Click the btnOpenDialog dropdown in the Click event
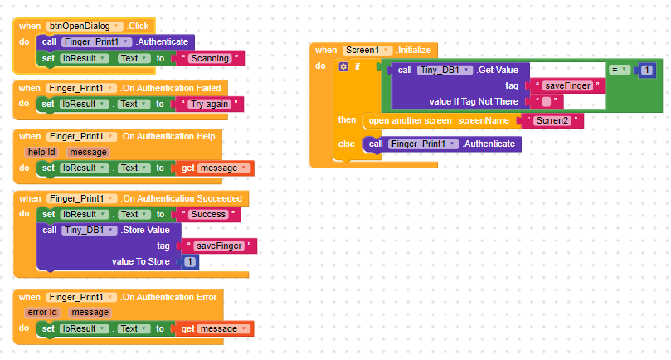85,26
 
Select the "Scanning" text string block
210,58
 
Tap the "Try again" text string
209,104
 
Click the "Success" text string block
208,215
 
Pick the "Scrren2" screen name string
552,121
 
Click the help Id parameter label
41,152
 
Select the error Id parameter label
42,313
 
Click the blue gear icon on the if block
343,67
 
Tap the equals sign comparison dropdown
620,70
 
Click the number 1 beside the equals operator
647,71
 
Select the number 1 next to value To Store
190,261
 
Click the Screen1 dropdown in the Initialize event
367,50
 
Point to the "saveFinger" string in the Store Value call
219,246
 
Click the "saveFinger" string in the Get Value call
567,86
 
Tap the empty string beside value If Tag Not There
547,102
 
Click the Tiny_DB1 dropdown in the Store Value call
90,231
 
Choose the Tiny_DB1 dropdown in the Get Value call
445,71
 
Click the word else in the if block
346,144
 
